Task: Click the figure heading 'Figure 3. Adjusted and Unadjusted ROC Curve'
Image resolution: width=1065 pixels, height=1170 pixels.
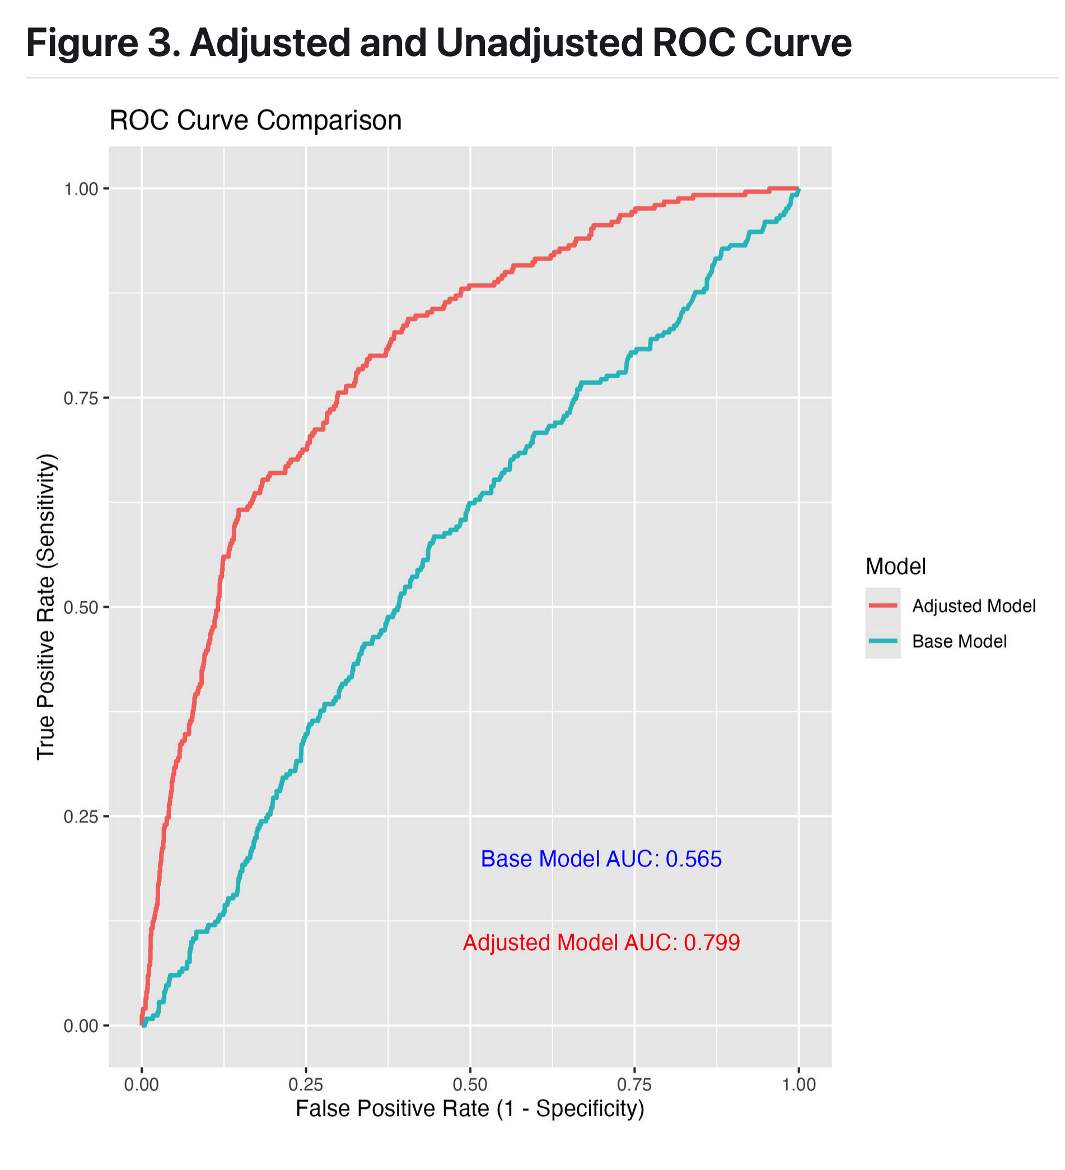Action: click(438, 43)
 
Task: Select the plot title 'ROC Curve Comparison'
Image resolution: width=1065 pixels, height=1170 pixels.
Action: click(255, 120)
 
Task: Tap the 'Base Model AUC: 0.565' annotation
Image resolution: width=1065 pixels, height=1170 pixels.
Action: click(601, 859)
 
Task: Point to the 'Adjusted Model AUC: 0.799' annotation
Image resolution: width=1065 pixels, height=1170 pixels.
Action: click(601, 942)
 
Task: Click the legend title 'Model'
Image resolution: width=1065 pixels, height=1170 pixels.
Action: click(895, 566)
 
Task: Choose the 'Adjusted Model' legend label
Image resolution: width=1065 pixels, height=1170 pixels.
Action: click(973, 606)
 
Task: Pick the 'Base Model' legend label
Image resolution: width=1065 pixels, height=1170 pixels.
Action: click(959, 641)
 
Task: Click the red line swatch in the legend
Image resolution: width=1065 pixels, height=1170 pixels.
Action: click(882, 606)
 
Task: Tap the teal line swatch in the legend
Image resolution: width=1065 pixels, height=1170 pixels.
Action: click(882, 641)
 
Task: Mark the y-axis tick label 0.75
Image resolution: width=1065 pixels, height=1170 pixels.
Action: click(81, 398)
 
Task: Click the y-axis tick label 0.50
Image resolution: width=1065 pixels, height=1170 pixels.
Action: click(81, 607)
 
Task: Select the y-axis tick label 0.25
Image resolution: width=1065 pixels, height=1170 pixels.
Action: click(81, 816)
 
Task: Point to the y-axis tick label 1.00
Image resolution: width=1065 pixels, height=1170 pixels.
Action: click(81, 189)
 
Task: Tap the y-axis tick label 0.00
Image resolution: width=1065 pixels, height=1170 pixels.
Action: click(81, 1026)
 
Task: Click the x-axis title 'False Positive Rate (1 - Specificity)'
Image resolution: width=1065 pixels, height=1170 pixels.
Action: click(470, 1109)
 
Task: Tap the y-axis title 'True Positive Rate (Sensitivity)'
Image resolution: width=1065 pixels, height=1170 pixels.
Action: click(46, 607)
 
